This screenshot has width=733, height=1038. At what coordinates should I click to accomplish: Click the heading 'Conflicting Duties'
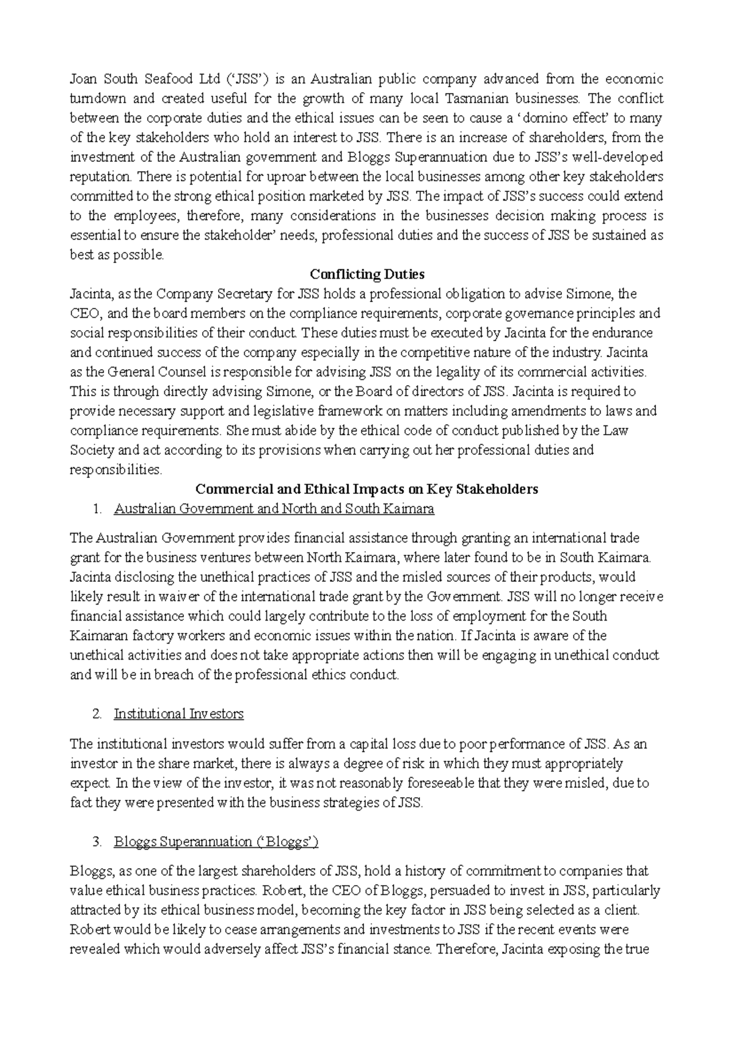(x=366, y=274)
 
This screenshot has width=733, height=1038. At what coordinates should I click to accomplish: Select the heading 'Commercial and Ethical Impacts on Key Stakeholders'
(x=366, y=489)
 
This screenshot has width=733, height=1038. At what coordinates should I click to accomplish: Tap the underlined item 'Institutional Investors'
(x=178, y=713)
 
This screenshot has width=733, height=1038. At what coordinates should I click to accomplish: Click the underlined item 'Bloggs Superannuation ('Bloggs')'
(x=216, y=842)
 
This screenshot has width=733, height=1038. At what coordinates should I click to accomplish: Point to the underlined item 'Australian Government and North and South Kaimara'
(x=274, y=509)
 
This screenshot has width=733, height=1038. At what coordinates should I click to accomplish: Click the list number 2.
(x=96, y=713)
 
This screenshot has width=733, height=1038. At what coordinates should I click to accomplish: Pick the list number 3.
(x=96, y=842)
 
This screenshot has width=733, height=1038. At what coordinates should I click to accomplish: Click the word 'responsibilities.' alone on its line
(x=116, y=469)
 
